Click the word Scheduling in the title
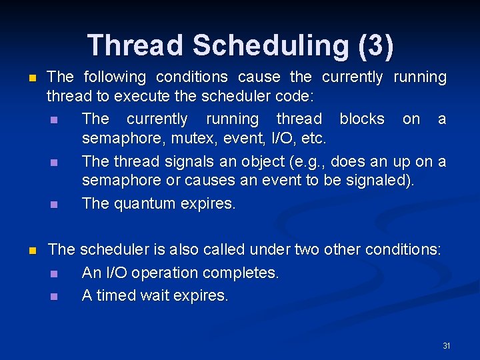pos(271,45)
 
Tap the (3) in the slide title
pos(376,45)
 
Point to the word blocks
pos(362,119)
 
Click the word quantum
pos(143,203)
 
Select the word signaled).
pos(379,180)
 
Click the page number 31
pos(447,345)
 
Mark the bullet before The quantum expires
pos(53,204)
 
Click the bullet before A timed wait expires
pos(53,296)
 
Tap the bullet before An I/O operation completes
pos(53,273)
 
